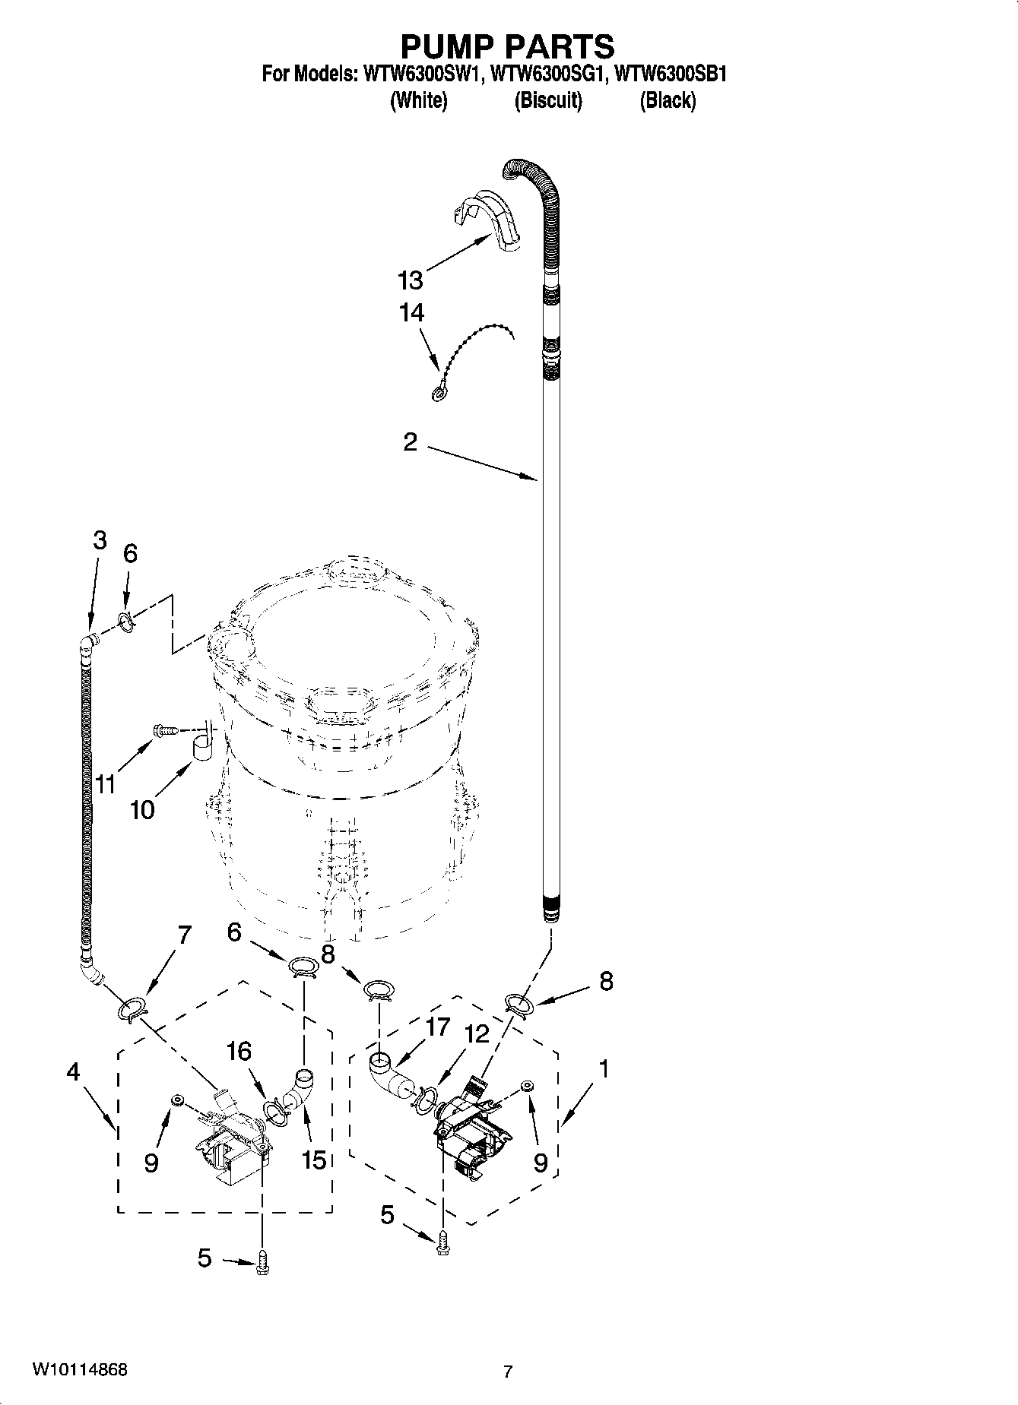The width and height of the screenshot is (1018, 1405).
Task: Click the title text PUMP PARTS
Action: click(x=507, y=47)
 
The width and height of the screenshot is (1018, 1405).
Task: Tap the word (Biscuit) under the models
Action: click(x=547, y=101)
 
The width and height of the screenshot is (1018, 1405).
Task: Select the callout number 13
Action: click(x=411, y=281)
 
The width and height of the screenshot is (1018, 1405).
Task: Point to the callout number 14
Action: click(x=411, y=313)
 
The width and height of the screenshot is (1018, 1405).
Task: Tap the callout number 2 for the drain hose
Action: click(x=411, y=442)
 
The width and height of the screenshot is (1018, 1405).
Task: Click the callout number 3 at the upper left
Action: click(x=100, y=540)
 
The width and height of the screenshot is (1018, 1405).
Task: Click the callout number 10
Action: click(x=142, y=810)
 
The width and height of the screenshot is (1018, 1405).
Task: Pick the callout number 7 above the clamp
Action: click(x=184, y=935)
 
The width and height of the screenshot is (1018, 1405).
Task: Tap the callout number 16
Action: click(x=239, y=1052)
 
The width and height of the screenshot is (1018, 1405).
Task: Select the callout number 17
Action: click(x=438, y=1027)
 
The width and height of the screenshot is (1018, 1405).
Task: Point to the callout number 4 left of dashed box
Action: click(x=73, y=1072)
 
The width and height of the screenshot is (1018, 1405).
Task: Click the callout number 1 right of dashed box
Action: click(x=603, y=1069)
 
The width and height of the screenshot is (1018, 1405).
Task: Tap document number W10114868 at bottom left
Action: click(x=79, y=1369)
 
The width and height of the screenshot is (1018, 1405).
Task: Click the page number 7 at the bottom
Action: click(x=508, y=1372)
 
